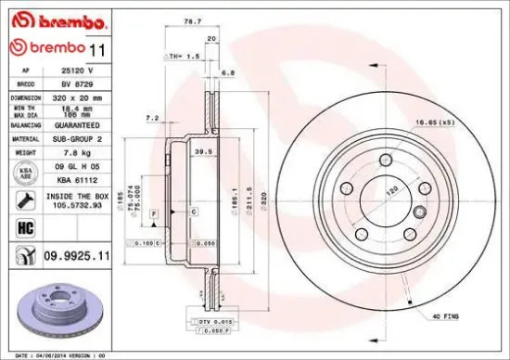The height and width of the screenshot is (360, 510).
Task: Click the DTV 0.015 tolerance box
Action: pos(214,319)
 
